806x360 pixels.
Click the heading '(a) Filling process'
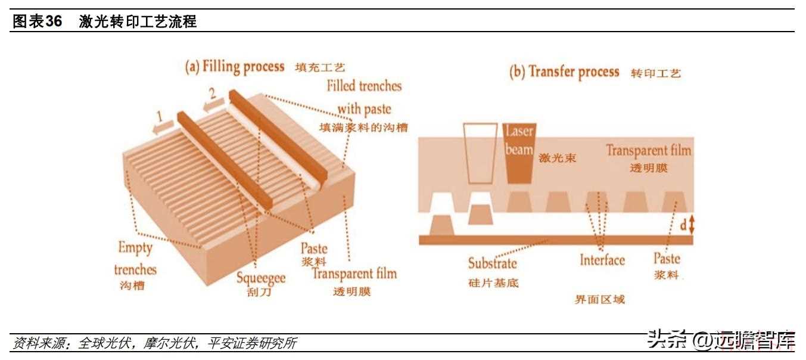point(235,66)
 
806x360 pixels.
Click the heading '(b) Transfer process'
point(564,72)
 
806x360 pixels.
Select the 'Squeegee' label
point(260,278)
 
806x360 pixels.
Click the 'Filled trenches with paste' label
point(364,97)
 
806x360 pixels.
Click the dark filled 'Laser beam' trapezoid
point(519,153)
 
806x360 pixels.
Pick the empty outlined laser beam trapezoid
point(480,153)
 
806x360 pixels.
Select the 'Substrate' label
point(492,263)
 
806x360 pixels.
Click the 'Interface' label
point(602,260)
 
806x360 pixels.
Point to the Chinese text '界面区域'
point(600,299)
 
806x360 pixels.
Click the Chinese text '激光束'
point(558,159)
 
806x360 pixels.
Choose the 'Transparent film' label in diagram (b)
point(648,150)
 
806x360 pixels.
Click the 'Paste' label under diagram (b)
point(667,259)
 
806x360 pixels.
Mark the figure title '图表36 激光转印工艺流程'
point(105,22)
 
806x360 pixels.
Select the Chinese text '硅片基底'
point(494,282)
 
